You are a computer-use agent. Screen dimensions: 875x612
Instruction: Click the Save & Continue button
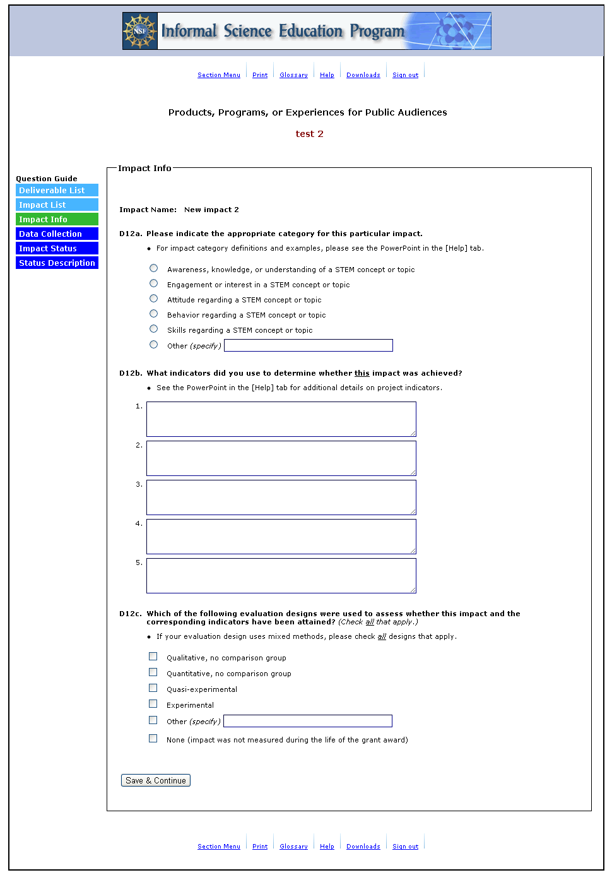click(155, 780)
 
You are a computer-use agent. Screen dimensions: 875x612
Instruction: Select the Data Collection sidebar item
click(57, 234)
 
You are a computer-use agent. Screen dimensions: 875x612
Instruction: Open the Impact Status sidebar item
click(57, 249)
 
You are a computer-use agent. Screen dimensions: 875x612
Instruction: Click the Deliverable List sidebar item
click(57, 191)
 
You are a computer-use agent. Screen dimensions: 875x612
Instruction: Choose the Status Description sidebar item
click(57, 263)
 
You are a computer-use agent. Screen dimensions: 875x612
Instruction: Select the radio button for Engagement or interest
click(153, 283)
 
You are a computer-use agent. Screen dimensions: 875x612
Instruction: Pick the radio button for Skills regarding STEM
click(153, 329)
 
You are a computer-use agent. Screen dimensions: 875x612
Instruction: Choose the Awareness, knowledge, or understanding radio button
click(153, 268)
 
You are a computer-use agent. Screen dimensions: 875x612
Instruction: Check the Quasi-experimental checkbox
click(153, 688)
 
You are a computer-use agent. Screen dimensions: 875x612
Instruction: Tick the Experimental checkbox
click(153, 704)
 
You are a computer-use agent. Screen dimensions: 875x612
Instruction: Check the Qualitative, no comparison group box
click(153, 657)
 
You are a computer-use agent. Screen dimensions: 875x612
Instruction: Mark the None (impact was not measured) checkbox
click(153, 739)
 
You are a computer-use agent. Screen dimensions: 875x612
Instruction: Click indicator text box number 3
click(281, 497)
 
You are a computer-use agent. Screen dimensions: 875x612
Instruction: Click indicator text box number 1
click(281, 419)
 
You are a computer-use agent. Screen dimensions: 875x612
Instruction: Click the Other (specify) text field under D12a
click(308, 345)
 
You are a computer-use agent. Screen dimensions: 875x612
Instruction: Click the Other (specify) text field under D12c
click(307, 721)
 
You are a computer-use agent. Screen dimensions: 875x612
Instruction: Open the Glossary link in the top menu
click(293, 75)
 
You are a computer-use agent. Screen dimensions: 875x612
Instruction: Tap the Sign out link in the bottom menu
click(405, 847)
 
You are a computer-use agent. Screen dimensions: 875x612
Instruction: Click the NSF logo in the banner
click(140, 31)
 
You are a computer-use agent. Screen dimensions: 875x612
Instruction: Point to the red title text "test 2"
click(309, 134)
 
